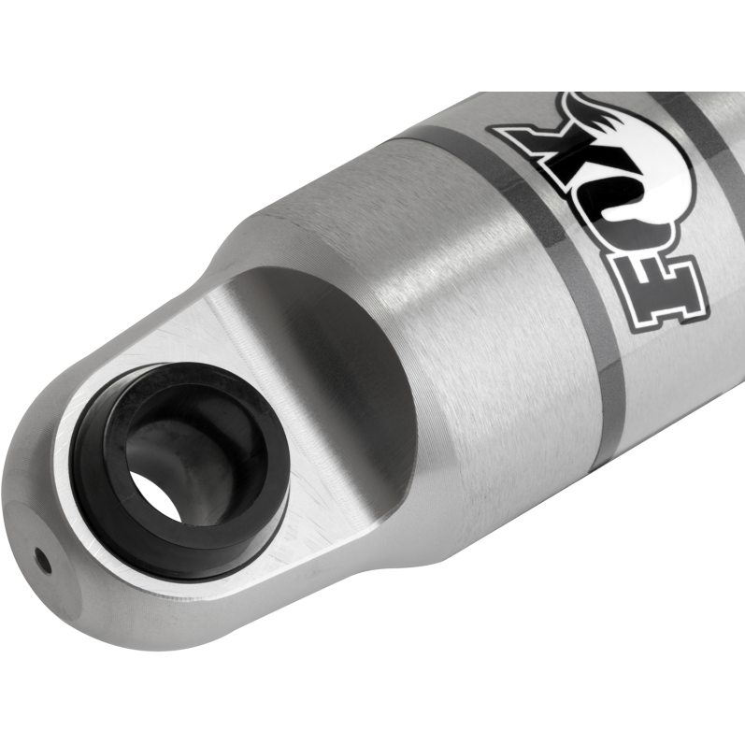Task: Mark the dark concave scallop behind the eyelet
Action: [x=346, y=355]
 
